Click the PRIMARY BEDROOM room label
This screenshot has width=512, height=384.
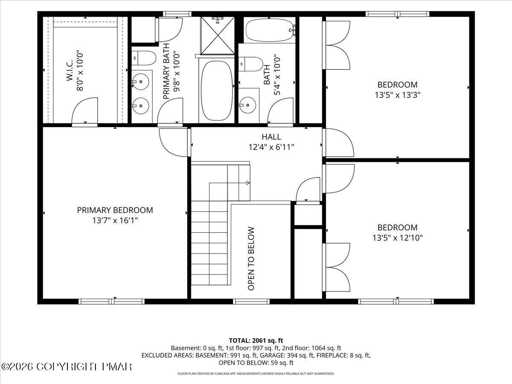(x=115, y=210)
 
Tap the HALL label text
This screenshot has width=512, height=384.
(x=271, y=137)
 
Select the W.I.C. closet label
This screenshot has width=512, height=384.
(x=70, y=70)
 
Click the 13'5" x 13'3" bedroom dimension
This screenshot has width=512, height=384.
(x=398, y=95)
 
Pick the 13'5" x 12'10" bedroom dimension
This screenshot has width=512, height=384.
(x=398, y=238)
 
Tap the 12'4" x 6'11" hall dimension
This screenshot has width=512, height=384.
(x=271, y=147)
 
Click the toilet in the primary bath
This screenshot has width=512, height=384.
(x=144, y=58)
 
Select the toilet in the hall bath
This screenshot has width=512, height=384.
(x=250, y=64)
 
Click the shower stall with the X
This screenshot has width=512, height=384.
(x=218, y=35)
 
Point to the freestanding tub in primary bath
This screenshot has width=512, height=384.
(x=217, y=91)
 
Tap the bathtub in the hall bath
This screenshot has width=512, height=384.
(x=270, y=30)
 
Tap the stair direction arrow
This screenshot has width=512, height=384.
(x=248, y=183)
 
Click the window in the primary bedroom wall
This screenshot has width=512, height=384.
(x=111, y=302)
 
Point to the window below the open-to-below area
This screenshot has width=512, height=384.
(x=251, y=302)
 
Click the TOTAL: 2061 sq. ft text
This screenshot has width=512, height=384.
(x=256, y=340)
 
